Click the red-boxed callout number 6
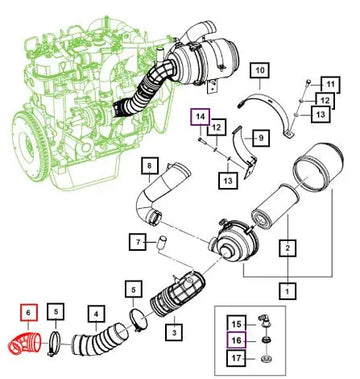[28, 313]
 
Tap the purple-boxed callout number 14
[201, 117]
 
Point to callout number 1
[286, 291]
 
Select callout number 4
[95, 314]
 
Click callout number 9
[256, 136]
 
